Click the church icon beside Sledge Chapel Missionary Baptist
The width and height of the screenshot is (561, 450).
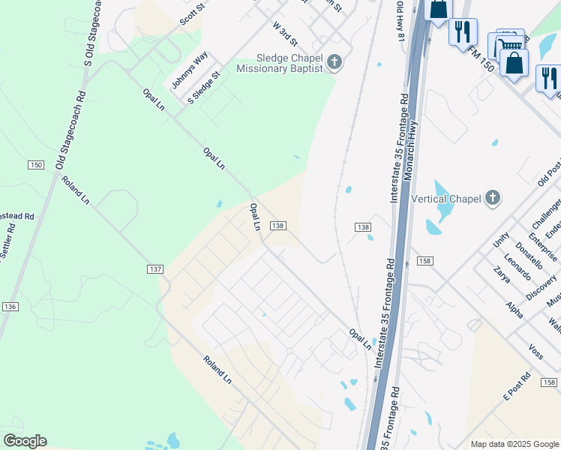334,62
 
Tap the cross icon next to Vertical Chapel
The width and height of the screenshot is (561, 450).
492,199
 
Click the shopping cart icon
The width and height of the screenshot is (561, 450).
510,45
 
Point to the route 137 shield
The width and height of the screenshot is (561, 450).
155,268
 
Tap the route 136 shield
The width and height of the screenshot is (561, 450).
10,307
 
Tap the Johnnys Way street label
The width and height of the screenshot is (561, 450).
189,70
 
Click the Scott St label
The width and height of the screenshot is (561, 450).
192,13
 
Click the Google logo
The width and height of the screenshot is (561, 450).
25,441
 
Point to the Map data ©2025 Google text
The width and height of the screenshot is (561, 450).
514,444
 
